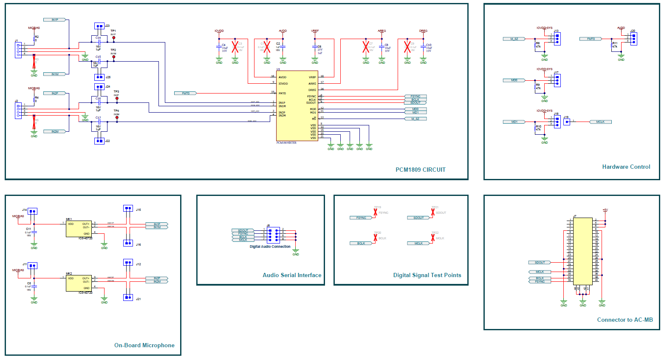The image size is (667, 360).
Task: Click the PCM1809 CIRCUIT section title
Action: (x=420, y=170)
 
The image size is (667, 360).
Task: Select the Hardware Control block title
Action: (x=626, y=167)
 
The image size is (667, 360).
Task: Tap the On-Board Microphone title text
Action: (x=144, y=345)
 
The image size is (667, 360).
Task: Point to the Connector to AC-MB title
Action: (x=625, y=320)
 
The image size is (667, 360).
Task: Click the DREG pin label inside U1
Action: (x=312, y=90)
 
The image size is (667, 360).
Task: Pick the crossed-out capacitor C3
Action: (x=235, y=47)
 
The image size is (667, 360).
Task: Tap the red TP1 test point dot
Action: (x=114, y=38)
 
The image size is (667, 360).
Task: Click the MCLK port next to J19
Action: (x=600, y=122)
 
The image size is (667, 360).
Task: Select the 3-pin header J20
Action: (x=633, y=39)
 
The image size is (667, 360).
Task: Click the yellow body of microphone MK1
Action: (x=79, y=229)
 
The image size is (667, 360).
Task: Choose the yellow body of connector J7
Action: (x=582, y=251)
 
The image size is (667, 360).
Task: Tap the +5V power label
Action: (x=605, y=210)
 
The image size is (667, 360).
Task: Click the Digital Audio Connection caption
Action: (x=270, y=247)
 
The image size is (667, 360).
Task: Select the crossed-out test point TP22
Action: (x=433, y=238)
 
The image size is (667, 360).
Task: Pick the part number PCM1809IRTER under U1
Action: (x=286, y=143)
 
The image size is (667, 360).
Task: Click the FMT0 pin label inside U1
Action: (x=282, y=93)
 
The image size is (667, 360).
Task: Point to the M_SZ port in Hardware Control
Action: (x=514, y=39)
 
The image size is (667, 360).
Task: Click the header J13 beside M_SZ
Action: (x=557, y=39)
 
